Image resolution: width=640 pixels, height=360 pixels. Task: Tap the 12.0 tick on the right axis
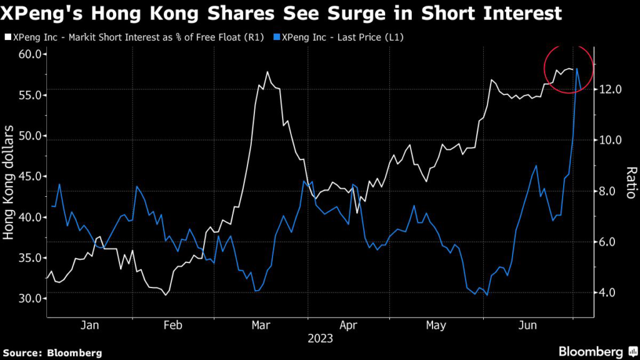click(609, 89)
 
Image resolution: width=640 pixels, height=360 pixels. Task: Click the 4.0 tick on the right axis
click(606, 292)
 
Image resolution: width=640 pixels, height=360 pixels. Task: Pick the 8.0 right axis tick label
click(606, 191)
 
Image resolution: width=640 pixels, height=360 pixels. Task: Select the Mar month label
click(261, 325)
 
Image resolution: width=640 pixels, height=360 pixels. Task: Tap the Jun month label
click(529, 325)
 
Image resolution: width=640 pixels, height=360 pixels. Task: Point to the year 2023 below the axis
click(320, 339)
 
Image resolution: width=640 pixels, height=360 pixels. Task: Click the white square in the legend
click(7, 37)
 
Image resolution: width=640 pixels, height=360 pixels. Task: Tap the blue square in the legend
click(277, 37)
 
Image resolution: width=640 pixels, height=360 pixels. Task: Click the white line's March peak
click(267, 72)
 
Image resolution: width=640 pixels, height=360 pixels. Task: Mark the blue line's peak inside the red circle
click(577, 68)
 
